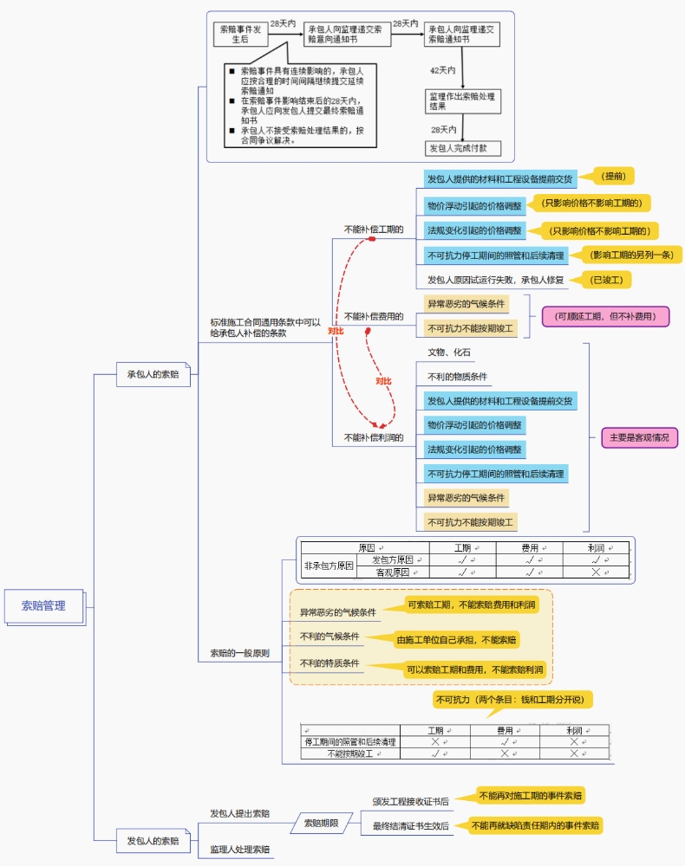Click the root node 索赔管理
coord(43,605)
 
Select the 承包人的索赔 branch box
coord(153,374)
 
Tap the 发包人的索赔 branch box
coord(153,840)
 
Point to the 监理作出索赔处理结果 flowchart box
coord(462,100)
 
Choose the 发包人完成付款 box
coord(462,148)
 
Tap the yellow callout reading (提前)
coord(614,176)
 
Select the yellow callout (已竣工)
coord(610,280)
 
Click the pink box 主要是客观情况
coord(640,437)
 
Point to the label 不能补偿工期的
coord(373,229)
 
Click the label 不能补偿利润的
coord(373,437)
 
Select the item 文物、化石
coord(449,352)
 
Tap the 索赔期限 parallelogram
coord(321,823)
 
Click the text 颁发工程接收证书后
coord(411,802)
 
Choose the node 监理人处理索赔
coord(239,850)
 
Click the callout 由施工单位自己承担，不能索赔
coord(457,640)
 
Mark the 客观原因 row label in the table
coord(392,572)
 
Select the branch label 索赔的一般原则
coord(239,652)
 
